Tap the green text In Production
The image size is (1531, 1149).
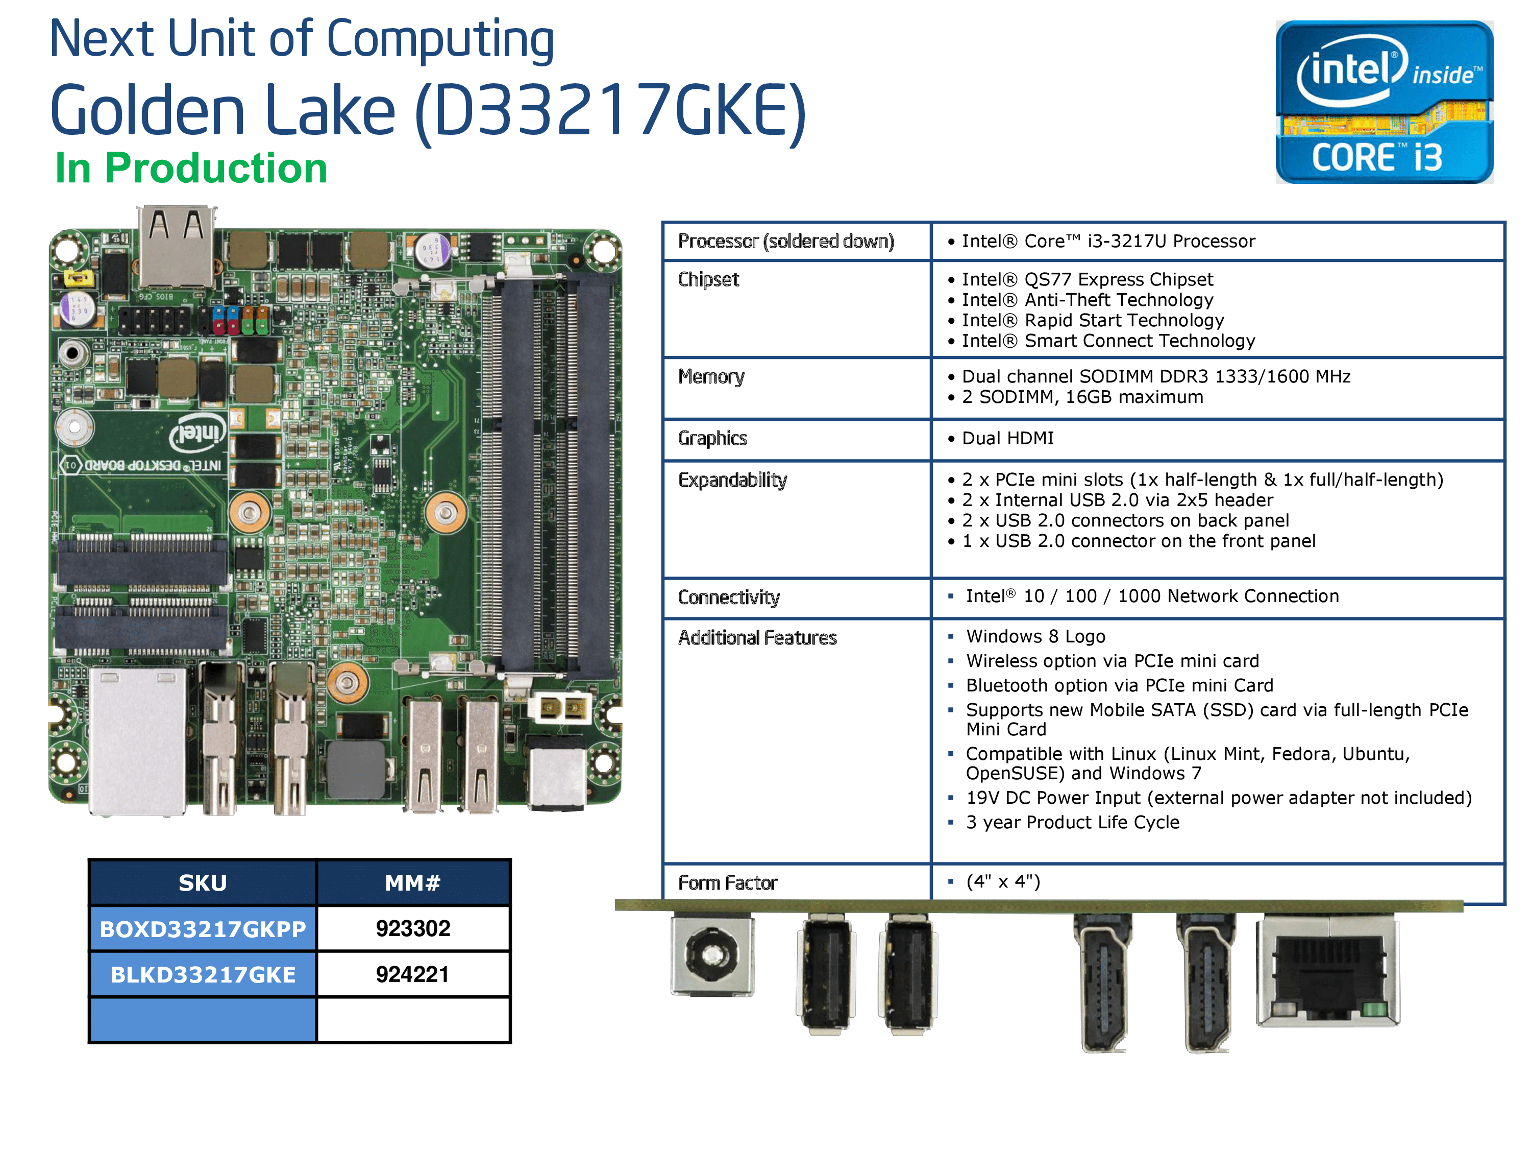(191, 169)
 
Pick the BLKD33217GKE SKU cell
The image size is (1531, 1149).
(203, 974)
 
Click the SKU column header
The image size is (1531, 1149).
(202, 883)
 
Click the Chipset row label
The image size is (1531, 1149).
(708, 279)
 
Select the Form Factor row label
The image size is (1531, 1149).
(727, 883)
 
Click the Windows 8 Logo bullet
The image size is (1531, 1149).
(1035, 636)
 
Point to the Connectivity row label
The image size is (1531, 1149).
(728, 597)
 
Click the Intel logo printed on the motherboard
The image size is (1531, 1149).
(199, 433)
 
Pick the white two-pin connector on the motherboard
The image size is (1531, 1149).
(559, 708)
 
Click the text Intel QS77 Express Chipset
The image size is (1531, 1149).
(1086, 279)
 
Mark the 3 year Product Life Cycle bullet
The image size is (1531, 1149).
(1072, 822)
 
